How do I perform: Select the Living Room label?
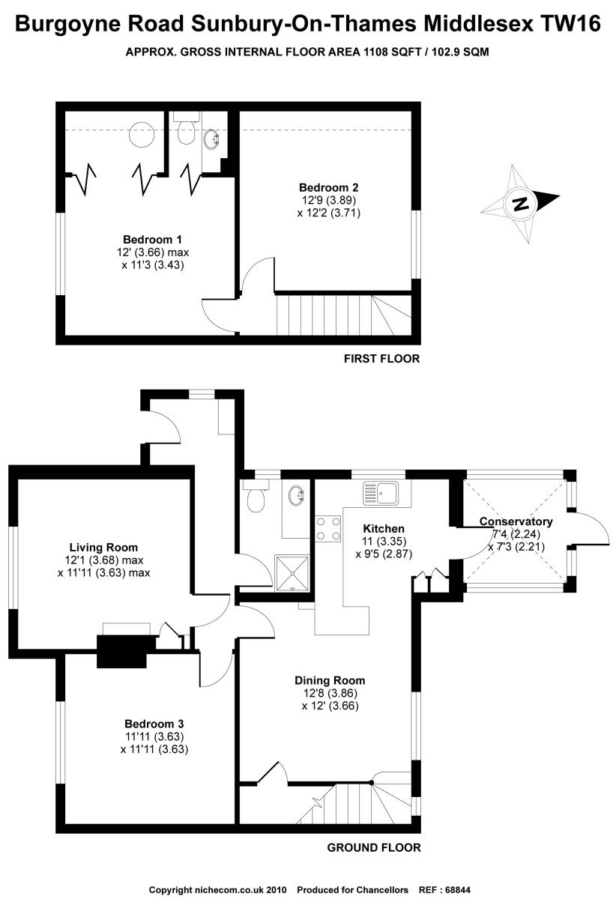103,548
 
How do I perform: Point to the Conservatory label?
516,521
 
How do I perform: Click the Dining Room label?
330,681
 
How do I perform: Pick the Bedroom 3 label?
154,724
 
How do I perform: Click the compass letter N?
519,203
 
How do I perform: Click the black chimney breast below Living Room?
121,650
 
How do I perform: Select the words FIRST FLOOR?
381,359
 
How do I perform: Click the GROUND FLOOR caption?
374,848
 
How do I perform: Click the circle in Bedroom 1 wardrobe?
140,135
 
